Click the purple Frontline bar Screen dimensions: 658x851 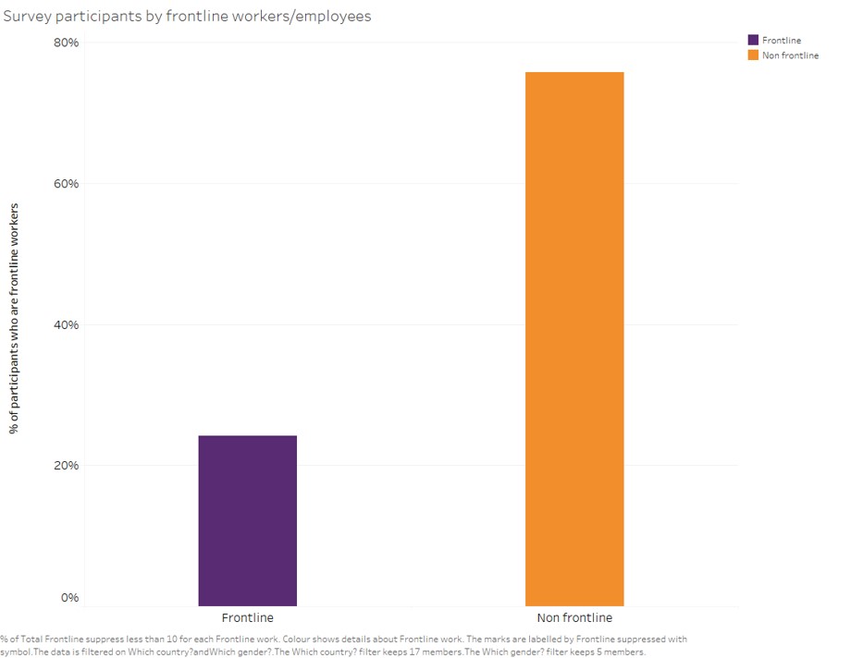[x=247, y=520]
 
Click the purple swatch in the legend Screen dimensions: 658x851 [x=753, y=41]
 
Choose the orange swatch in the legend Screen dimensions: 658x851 [x=753, y=55]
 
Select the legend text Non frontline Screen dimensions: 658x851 [x=790, y=55]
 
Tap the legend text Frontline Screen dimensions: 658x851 [x=781, y=41]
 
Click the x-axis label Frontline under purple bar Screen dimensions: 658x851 [x=247, y=617]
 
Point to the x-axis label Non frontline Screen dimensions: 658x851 [x=574, y=617]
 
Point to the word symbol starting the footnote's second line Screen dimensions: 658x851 [x=16, y=652]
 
